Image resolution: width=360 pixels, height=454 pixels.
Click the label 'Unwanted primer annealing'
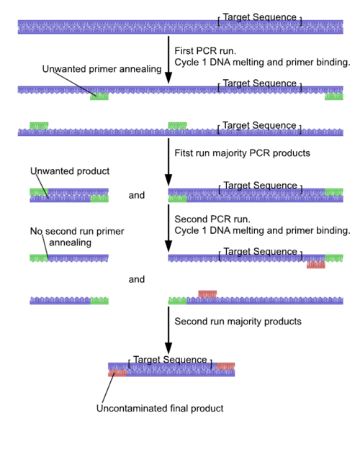point(102,69)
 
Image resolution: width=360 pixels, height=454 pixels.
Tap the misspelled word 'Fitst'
point(183,153)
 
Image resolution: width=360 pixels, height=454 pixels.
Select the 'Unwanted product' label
point(70,171)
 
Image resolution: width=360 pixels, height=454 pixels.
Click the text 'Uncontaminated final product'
point(160,408)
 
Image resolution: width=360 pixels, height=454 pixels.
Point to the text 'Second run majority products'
point(238,322)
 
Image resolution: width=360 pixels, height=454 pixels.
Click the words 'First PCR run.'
point(205,51)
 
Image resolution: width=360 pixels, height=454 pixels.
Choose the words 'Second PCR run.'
point(212,219)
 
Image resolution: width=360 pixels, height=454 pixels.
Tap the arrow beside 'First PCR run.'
point(168,60)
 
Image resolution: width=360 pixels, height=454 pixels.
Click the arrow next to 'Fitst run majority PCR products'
point(168,162)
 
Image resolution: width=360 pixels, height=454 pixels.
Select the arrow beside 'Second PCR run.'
point(168,229)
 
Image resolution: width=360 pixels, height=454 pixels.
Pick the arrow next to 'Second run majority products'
point(168,331)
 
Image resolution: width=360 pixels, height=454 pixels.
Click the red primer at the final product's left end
point(117,373)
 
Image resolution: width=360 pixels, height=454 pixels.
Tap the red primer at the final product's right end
point(225,366)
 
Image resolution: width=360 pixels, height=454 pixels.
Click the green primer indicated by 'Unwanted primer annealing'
point(99,96)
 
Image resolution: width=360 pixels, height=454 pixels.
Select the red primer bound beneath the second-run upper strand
point(316,265)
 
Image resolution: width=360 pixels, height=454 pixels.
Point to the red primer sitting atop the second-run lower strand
point(207,294)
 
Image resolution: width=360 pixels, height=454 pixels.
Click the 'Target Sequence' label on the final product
point(170,360)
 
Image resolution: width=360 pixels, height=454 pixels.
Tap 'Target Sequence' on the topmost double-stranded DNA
point(260,17)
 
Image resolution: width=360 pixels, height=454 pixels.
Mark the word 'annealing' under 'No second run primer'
point(70,242)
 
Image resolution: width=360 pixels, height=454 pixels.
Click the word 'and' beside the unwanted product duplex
point(137,196)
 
